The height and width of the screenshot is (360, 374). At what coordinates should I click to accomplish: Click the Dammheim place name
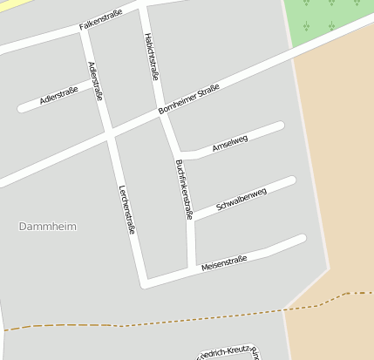pyautogui.click(x=47, y=227)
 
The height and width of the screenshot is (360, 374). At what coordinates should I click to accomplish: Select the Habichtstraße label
pyautogui.click(x=151, y=57)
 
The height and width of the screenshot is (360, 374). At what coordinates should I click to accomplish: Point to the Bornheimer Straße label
pyautogui.click(x=189, y=102)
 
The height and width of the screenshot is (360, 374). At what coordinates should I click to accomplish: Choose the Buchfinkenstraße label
pyautogui.click(x=184, y=188)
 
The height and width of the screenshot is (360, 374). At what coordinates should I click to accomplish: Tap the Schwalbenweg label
pyautogui.click(x=241, y=199)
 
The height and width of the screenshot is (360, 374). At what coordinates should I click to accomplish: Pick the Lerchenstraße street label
pyautogui.click(x=126, y=209)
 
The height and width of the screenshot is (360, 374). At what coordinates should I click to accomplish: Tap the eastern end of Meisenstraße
pyautogui.click(x=302, y=238)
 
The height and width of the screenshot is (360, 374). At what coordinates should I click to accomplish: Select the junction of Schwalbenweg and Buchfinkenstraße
pyautogui.click(x=191, y=216)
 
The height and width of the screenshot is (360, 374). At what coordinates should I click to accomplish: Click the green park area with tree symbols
pyautogui.click(x=327, y=22)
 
